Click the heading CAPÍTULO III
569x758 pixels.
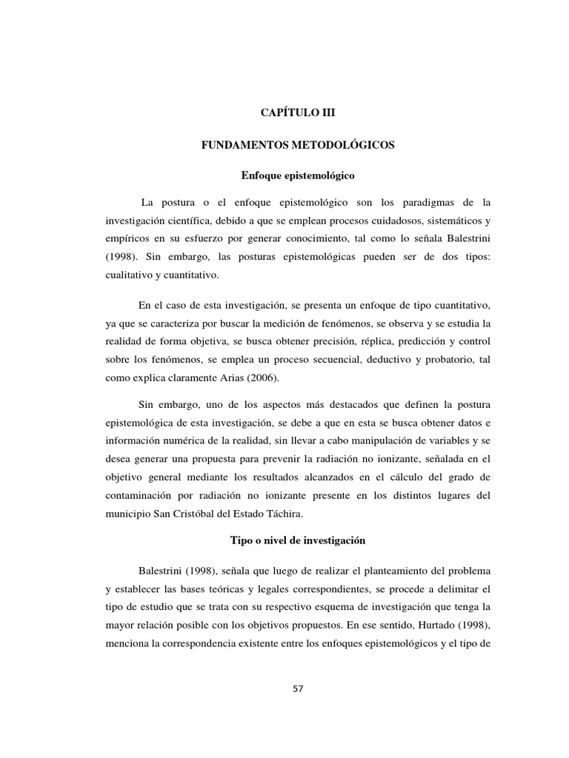299,113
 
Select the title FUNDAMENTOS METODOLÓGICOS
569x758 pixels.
299,147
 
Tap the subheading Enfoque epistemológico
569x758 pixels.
299,176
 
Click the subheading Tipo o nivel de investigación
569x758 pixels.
299,540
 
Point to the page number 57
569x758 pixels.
299,688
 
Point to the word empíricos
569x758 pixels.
128,238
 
